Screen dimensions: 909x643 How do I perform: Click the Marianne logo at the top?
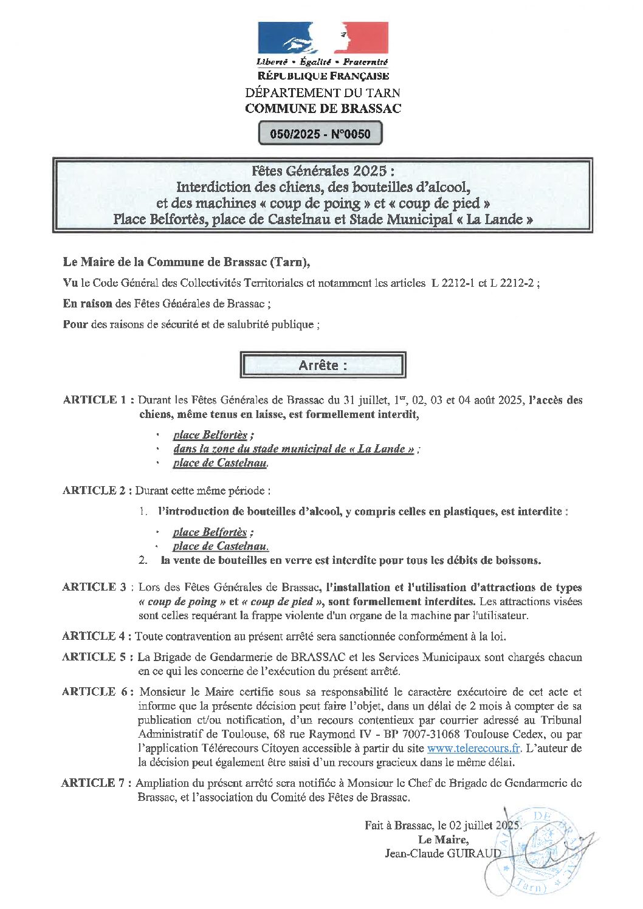click(x=323, y=38)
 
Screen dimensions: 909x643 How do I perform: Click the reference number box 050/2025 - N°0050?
click(x=320, y=134)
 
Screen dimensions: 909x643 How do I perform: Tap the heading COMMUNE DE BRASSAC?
click(x=323, y=109)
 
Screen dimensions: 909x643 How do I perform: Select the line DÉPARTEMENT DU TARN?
click(x=323, y=93)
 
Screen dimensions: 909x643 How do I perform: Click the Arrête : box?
click(x=323, y=365)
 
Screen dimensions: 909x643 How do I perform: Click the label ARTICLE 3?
click(x=94, y=587)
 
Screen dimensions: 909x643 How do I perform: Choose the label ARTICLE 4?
click(x=94, y=636)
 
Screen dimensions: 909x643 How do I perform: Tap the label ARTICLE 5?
click(x=94, y=657)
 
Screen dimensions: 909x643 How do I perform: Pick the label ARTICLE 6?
click(x=94, y=691)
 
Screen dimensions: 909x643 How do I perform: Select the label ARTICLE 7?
click(x=94, y=783)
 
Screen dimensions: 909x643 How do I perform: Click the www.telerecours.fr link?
click(x=474, y=749)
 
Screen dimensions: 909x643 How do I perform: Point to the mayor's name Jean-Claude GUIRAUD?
click(x=443, y=854)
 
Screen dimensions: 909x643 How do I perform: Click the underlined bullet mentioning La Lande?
click(x=294, y=449)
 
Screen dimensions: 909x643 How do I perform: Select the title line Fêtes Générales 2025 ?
click(x=323, y=171)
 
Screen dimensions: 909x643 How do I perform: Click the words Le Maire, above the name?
click(x=443, y=840)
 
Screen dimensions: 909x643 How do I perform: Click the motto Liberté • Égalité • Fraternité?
click(x=322, y=62)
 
